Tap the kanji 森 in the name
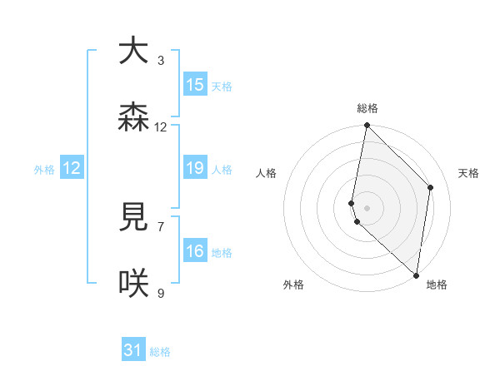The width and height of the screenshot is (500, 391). [x=134, y=117]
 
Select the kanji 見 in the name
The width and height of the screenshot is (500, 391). [x=134, y=217]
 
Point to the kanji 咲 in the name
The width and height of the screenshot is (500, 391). [x=134, y=284]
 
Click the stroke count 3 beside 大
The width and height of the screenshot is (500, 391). [x=161, y=60]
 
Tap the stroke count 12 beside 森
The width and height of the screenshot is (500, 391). [x=161, y=127]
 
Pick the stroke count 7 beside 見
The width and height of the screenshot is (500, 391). [x=161, y=226]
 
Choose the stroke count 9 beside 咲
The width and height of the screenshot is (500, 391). [x=161, y=293]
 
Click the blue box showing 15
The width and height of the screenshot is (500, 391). [x=195, y=85]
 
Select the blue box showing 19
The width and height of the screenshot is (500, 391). [x=195, y=168]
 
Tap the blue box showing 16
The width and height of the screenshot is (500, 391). [x=195, y=251]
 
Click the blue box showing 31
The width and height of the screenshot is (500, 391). [x=133, y=350]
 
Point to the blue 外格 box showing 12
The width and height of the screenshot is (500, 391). [x=72, y=168]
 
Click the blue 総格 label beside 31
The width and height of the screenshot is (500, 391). [x=160, y=352]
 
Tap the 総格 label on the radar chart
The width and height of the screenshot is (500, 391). [x=367, y=108]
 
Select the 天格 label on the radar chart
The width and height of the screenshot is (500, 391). [x=469, y=173]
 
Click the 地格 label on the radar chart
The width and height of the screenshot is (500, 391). [x=437, y=285]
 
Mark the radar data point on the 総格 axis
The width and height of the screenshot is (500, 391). [x=367, y=126]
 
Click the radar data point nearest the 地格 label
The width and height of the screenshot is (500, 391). [x=416, y=275]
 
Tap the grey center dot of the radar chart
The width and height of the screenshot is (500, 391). [x=367, y=207]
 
